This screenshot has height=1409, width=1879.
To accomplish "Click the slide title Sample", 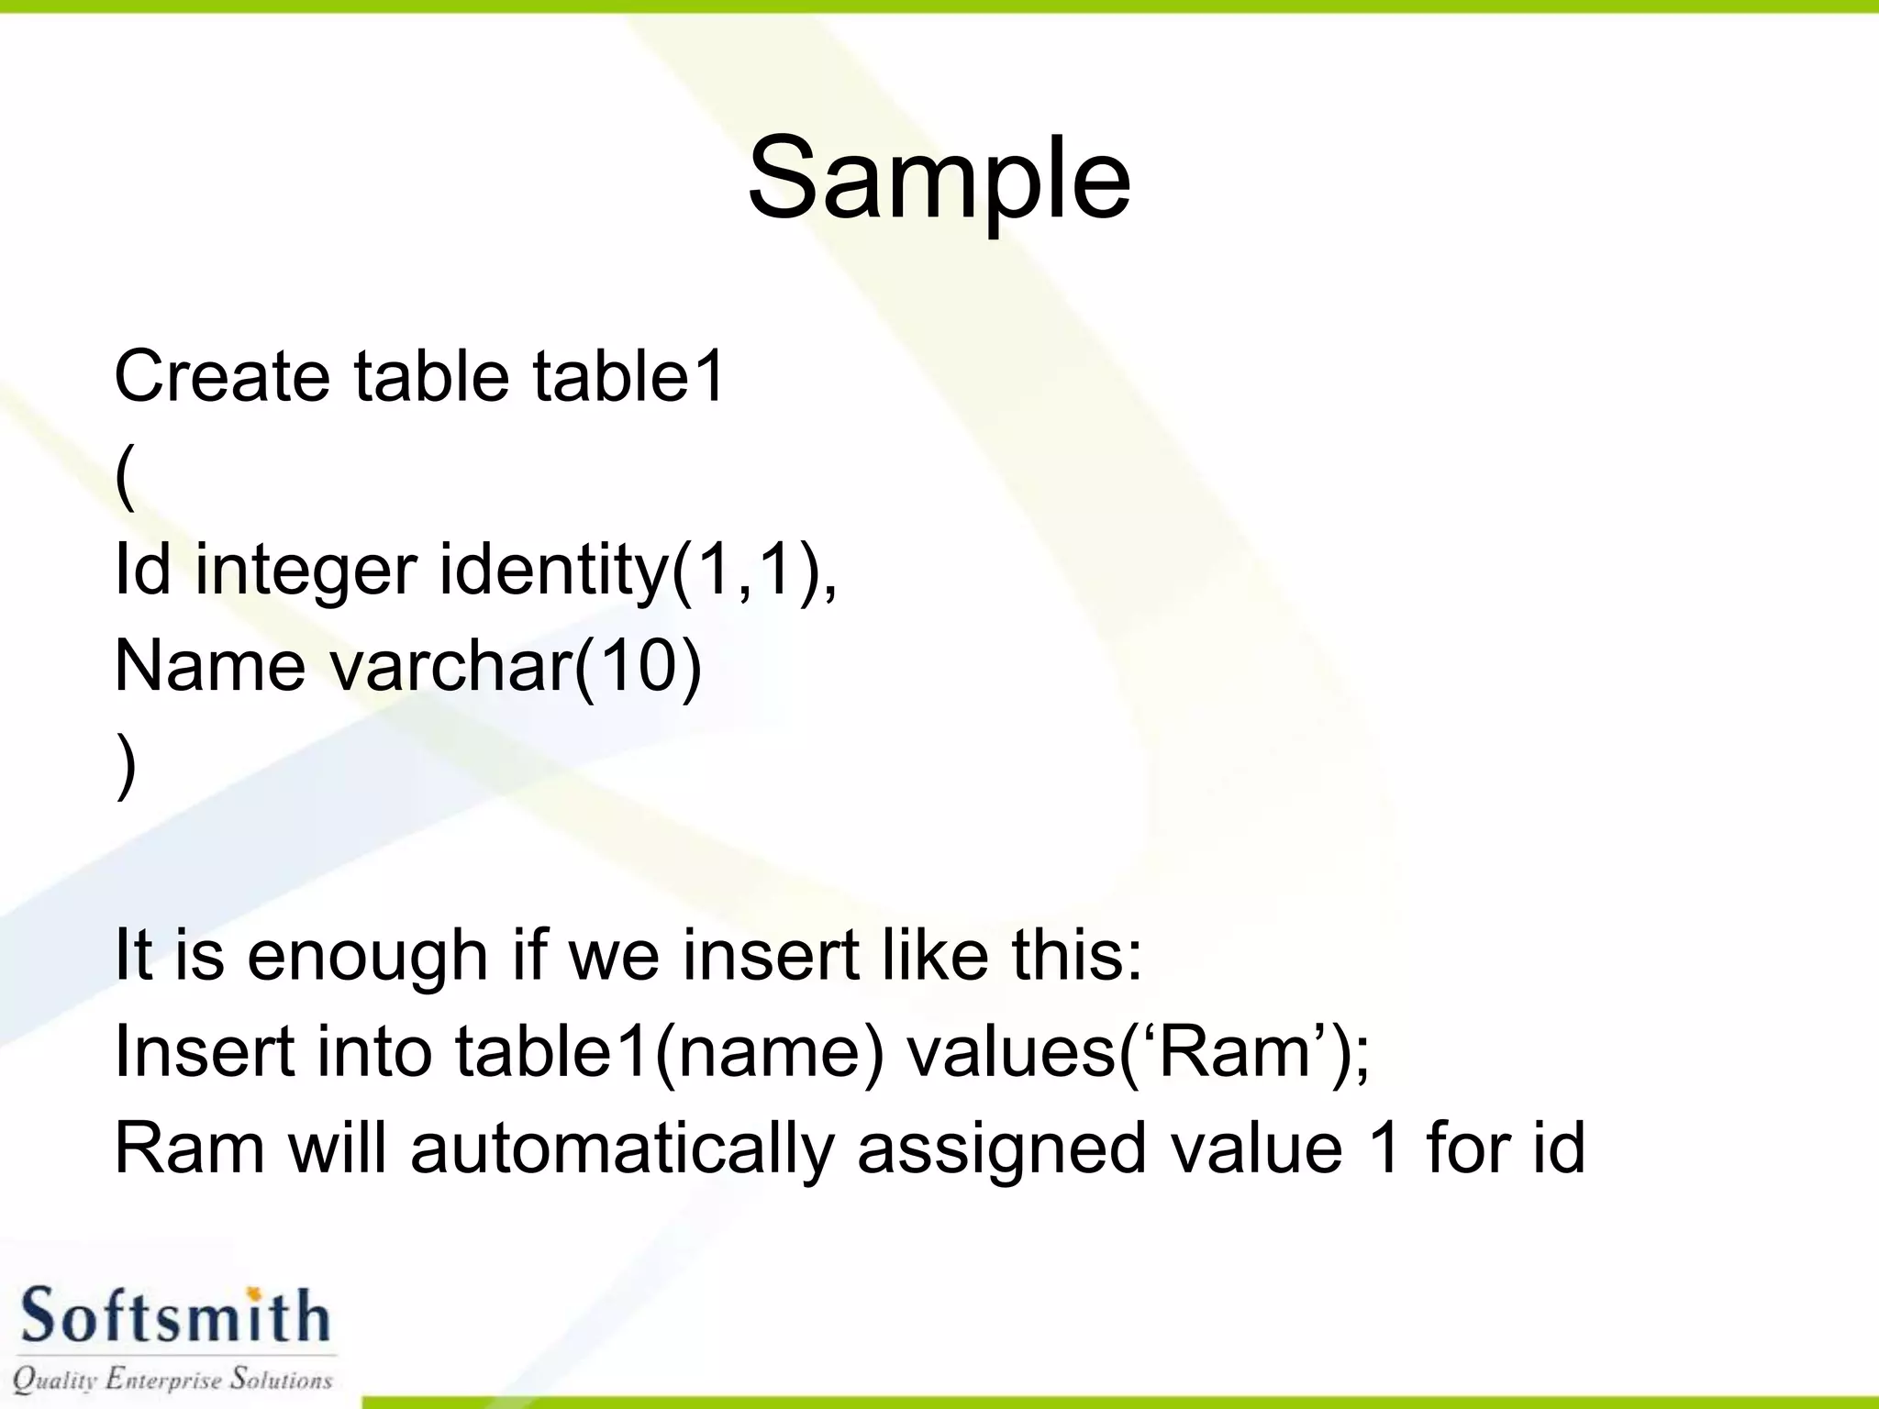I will [939, 178].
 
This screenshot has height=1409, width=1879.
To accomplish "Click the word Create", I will [221, 376].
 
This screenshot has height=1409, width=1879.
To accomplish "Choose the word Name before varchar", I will [209, 665].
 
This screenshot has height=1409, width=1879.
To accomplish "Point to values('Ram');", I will [1138, 1051].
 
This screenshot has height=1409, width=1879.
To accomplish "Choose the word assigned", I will [1001, 1149].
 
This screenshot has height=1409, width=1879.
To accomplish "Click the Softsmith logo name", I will [174, 1316].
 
